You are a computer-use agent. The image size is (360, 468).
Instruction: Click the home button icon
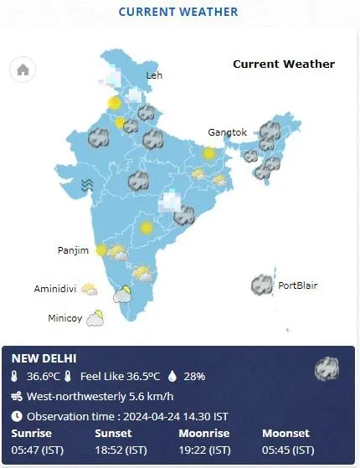point(23,70)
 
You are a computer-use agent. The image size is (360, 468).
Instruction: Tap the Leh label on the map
point(154,75)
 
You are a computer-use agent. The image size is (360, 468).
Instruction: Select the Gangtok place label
point(228,132)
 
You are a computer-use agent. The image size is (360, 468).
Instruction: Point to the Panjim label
point(74,250)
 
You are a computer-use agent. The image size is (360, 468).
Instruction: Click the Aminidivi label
point(55,289)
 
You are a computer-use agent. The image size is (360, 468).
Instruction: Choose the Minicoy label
point(64,318)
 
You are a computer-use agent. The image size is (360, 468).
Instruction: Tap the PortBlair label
point(297,285)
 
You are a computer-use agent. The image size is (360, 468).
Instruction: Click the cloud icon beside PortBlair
point(263,285)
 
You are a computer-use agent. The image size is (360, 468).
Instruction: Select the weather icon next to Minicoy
point(95,317)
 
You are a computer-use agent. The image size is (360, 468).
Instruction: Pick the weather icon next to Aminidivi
point(90,289)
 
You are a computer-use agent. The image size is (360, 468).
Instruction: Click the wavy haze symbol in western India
point(86,185)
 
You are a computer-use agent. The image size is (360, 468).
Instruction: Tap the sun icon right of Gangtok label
point(208,153)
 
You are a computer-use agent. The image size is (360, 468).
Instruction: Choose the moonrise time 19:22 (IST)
point(205,450)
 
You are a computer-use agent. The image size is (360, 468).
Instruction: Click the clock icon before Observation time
point(17,416)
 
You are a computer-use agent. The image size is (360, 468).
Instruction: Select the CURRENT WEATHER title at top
point(178,12)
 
